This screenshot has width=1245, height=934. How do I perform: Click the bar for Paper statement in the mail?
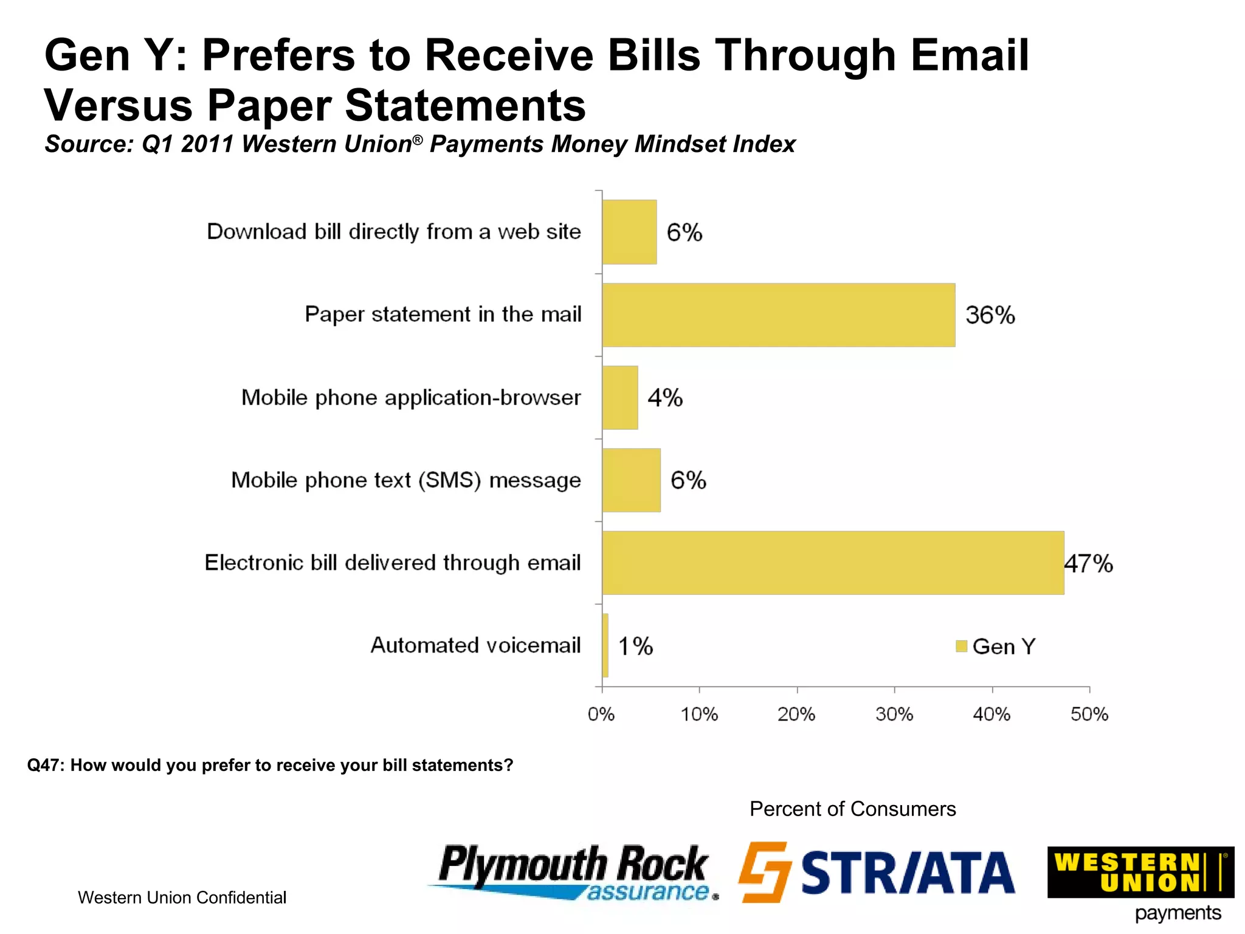coord(778,315)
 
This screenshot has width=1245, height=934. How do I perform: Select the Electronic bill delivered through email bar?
coord(833,562)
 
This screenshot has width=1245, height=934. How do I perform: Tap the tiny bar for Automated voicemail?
coord(605,645)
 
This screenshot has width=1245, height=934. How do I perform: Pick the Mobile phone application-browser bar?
coord(620,398)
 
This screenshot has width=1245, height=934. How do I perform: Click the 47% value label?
coord(1089,564)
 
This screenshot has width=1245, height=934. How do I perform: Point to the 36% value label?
coord(990,315)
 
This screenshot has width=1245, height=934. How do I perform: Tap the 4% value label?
coord(665,398)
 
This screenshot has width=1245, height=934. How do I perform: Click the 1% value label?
coord(635,646)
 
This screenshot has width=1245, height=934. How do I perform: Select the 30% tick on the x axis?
coord(894,714)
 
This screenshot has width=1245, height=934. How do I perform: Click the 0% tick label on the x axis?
coord(601,714)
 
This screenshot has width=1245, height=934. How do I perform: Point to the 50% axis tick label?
coord(1089,714)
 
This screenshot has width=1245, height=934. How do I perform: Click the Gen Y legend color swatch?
coord(961,646)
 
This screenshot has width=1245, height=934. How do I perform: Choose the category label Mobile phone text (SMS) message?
coord(406,480)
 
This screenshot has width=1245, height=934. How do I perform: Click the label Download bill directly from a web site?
coord(394,232)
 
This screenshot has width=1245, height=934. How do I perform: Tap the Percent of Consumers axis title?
coord(852,809)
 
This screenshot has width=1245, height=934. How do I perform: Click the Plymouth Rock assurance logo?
coord(573,872)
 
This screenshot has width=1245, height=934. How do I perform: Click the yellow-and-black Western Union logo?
coord(1140,872)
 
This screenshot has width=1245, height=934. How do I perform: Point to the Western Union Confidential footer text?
coord(182,898)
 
